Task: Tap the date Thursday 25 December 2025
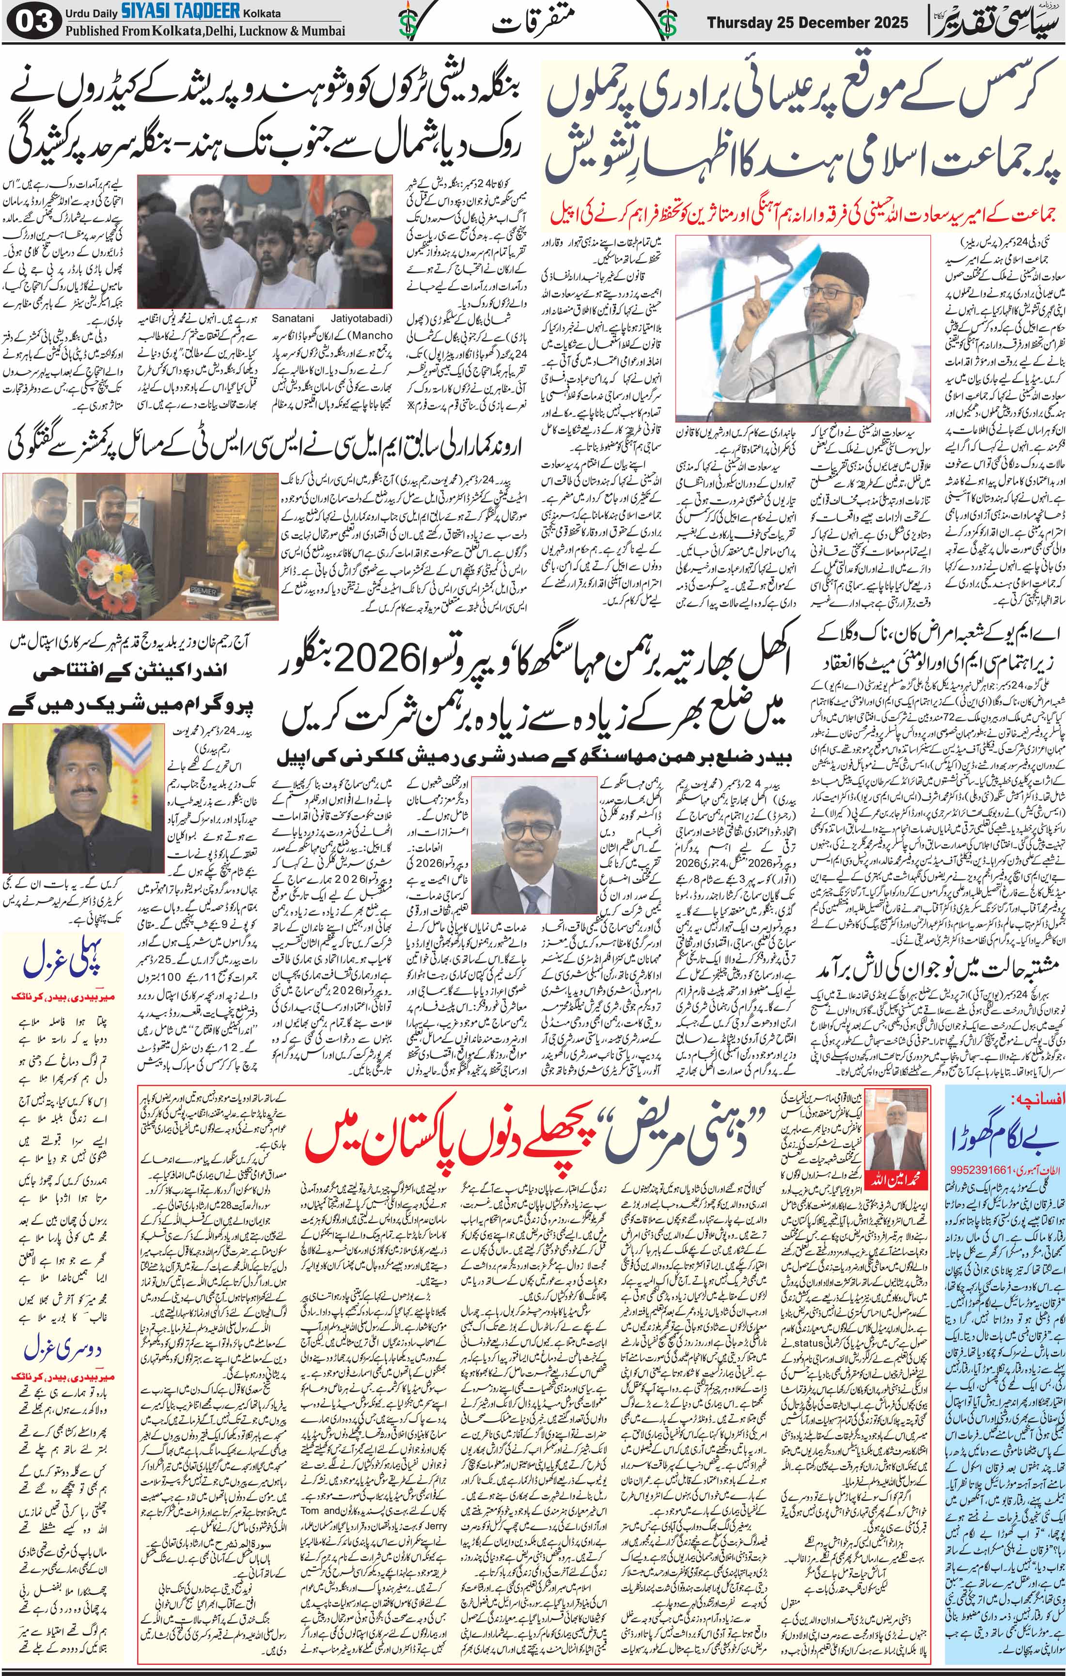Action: point(807,22)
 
